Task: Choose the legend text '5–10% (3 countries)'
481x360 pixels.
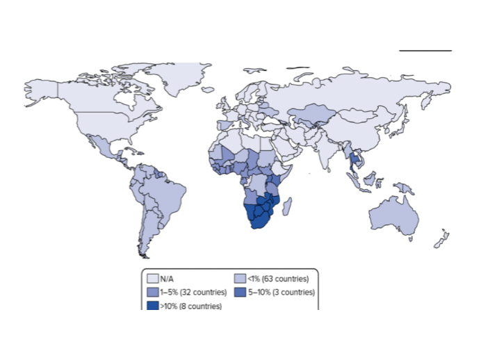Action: (x=279, y=293)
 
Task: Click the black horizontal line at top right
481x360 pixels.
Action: (x=425, y=51)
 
